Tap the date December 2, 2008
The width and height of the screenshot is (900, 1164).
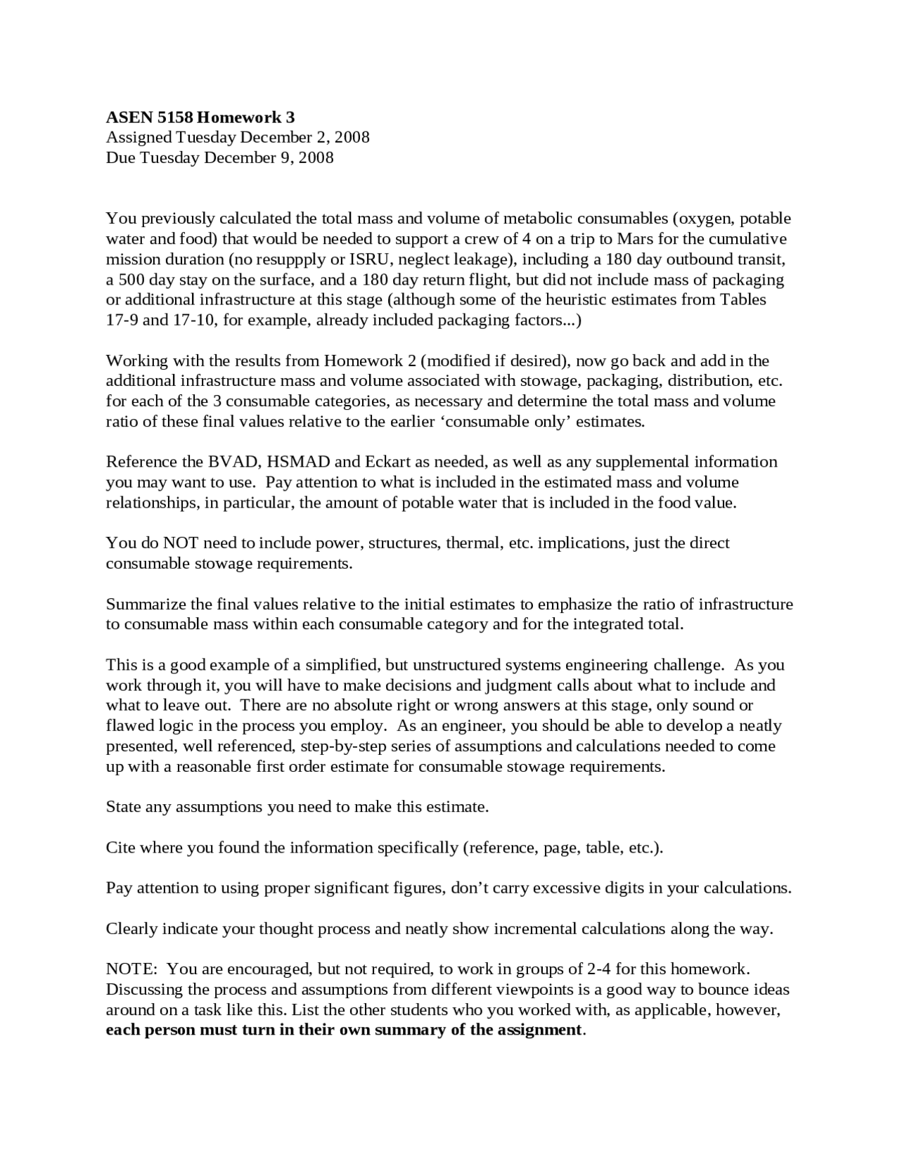[x=306, y=137]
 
